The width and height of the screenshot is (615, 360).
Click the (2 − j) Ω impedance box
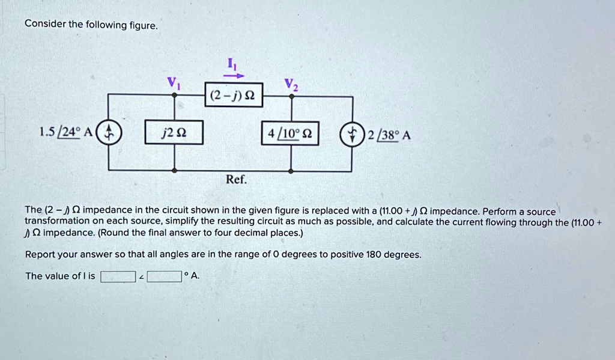[234, 95]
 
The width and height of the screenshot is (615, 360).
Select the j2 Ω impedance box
[175, 133]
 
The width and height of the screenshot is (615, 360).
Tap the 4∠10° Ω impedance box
[291, 133]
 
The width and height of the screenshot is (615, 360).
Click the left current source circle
[109, 133]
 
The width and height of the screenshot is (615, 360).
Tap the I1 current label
[234, 64]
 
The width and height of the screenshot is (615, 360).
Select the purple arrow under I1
[234, 76]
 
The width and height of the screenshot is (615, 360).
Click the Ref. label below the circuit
[236, 180]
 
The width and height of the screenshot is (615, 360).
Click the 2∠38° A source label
[389, 135]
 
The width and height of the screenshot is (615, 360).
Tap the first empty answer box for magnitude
[118, 276]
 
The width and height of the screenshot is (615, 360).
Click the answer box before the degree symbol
[165, 276]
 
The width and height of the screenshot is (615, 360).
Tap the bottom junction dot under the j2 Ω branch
[175, 171]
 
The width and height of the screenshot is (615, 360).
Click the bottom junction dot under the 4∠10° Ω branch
[292, 171]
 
